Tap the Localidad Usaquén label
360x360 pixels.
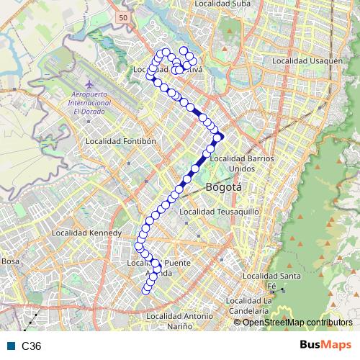point(307,61)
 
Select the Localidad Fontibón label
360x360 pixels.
point(120,142)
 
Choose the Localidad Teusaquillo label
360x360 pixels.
point(219,212)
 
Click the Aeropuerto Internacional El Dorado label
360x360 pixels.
point(90,103)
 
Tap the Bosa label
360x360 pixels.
point(10,261)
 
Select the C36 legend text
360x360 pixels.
point(32,346)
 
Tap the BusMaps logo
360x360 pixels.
point(325,346)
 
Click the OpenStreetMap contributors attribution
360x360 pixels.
point(298,323)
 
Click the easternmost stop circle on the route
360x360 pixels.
point(220,137)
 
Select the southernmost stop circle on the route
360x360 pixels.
point(146,290)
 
